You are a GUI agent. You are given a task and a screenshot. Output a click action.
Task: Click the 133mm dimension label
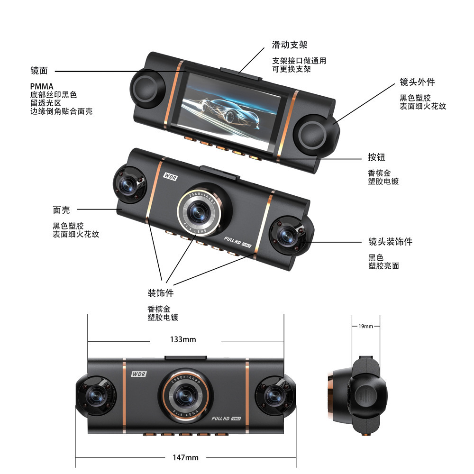point(183,339)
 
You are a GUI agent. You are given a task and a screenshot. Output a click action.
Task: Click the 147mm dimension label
point(185,457)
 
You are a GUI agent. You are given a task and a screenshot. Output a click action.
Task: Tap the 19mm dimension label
point(366,326)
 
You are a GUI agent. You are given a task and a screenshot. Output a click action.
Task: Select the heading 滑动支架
point(290,45)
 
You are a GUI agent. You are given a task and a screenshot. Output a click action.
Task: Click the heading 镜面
point(39,71)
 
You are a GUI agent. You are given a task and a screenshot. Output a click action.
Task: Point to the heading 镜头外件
point(417,82)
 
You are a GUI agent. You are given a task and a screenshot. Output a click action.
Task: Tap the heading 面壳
point(61,210)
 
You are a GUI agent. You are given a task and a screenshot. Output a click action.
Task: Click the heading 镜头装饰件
point(390,242)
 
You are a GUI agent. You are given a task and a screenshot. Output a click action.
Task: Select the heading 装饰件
point(160,293)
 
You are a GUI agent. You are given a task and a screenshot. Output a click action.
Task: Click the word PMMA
point(42,86)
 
